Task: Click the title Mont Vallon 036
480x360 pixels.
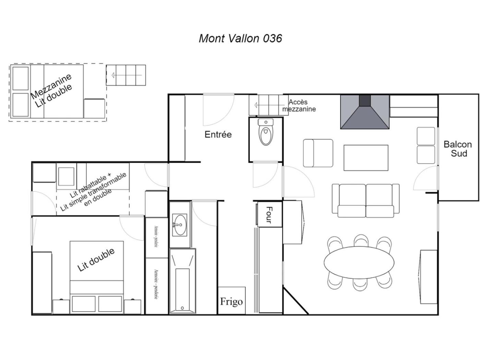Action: click(240, 38)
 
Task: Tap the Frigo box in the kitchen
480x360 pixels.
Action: click(231, 301)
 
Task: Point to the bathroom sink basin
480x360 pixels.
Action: click(179, 225)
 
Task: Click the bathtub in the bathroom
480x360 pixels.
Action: click(182, 281)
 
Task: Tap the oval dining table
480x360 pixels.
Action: click(359, 263)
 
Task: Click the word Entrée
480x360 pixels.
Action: click(218, 134)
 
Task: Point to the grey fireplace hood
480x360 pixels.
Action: click(364, 112)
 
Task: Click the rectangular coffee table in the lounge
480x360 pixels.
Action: click(366, 158)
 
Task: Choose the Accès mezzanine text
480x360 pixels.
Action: click(299, 105)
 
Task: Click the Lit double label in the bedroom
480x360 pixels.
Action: click(96, 260)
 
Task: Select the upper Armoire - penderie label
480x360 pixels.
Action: click(156, 236)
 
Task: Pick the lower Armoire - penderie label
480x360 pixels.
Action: click(156, 284)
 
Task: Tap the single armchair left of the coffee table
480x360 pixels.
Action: click(318, 153)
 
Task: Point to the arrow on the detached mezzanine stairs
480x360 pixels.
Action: click(127, 75)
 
